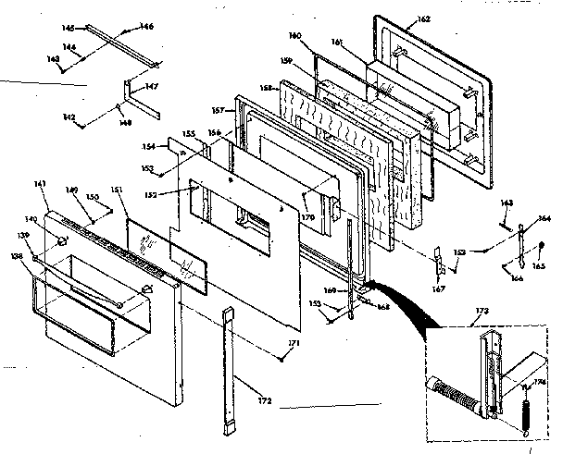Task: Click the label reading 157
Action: click(217, 112)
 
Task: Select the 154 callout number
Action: click(150, 147)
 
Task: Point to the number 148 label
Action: click(122, 119)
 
